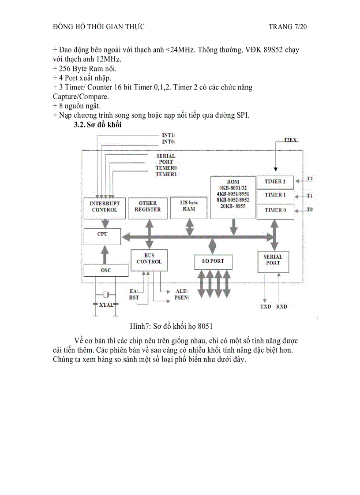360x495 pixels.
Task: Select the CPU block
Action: coord(102,235)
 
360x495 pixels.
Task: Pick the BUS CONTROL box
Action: coord(149,259)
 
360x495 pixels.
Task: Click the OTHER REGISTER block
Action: coord(148,207)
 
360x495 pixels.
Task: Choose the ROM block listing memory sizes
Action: coord(233,197)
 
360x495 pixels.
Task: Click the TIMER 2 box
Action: coord(275,182)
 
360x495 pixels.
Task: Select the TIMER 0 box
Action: coord(275,210)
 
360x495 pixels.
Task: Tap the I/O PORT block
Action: coord(213,261)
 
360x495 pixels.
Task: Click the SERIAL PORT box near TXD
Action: coord(273,260)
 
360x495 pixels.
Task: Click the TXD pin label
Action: coord(266,306)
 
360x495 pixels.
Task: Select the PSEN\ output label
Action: coord(182,298)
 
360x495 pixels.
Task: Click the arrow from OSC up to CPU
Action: coord(105,254)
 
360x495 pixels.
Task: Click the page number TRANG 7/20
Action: coord(287,27)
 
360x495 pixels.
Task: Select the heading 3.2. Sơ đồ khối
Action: coord(98,125)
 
